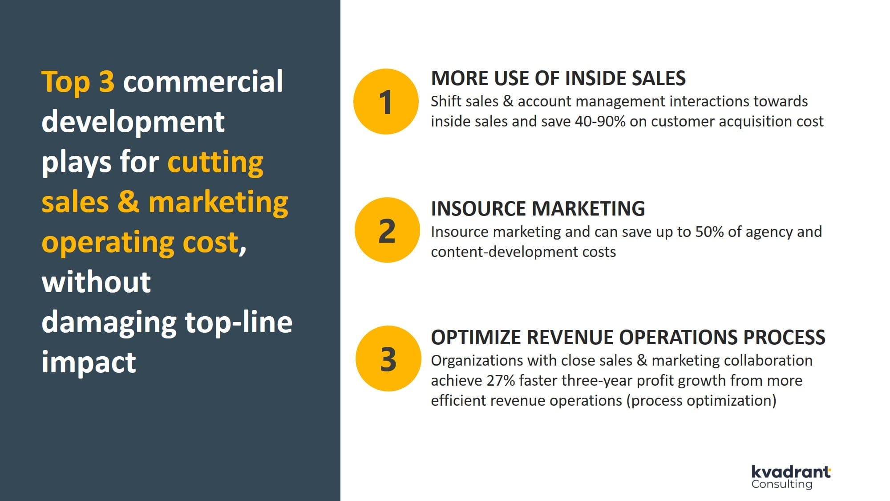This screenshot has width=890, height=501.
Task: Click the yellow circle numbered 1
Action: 386,102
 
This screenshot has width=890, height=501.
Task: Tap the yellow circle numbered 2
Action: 387,230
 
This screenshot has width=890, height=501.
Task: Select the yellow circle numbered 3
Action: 388,358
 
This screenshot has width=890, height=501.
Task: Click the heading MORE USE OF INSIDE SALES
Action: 558,78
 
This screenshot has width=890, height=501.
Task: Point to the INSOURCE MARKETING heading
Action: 538,208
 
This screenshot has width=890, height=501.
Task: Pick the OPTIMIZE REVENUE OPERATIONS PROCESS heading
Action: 628,337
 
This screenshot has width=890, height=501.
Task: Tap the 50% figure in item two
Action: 710,232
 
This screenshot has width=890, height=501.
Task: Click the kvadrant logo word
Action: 791,472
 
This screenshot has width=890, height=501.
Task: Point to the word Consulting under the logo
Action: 782,484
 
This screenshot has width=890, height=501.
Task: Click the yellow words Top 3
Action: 78,81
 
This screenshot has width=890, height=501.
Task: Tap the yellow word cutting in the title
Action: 215,162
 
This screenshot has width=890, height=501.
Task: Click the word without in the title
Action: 96,282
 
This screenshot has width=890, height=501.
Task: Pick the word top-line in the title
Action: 239,322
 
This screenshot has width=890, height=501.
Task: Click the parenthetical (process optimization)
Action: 701,401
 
